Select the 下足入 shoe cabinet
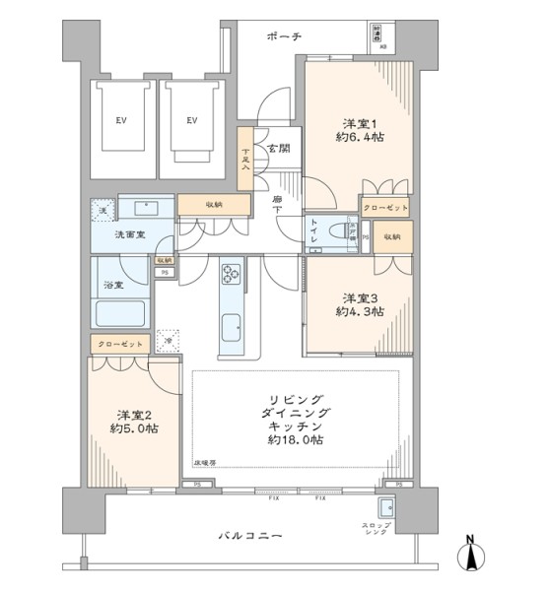[x=245, y=160]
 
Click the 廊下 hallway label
[x=279, y=206]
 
